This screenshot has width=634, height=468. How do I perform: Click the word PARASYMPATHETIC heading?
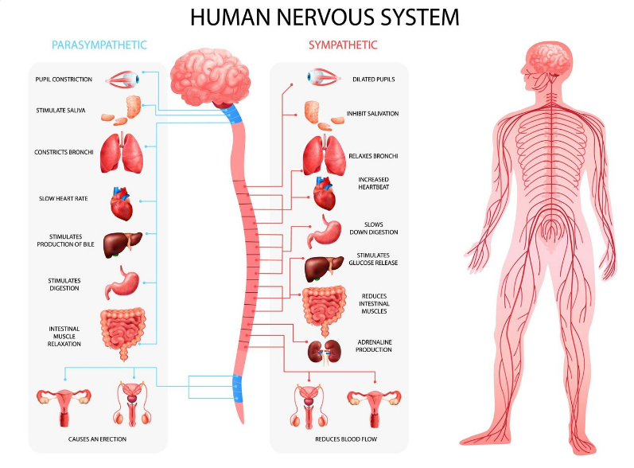tap(99, 45)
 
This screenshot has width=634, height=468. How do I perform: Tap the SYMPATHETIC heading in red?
tap(343, 45)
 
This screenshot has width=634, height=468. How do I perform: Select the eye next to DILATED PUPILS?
tap(323, 78)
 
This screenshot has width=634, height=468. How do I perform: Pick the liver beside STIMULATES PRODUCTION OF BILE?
tap(123, 242)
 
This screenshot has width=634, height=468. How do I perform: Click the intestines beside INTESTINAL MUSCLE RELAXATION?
tap(123, 331)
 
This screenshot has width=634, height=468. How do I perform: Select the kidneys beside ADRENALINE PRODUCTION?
tap(325, 351)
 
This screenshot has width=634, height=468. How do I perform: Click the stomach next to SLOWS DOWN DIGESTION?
tap(324, 230)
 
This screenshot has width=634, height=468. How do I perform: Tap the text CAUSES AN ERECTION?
tap(97, 439)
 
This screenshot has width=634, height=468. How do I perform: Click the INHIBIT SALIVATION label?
tap(372, 114)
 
